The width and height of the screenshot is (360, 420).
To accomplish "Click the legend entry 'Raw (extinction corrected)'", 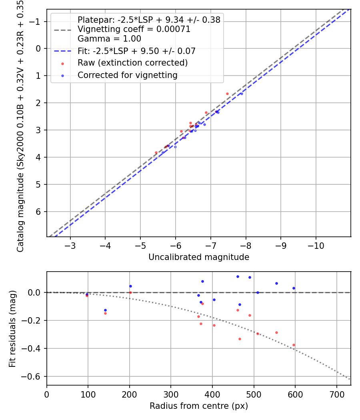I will [x=132, y=63].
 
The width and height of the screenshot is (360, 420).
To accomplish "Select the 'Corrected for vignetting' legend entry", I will [x=127, y=75].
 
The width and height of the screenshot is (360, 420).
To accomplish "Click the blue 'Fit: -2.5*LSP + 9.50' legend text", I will [x=136, y=51].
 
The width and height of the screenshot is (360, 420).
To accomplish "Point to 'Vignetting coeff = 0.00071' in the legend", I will [x=134, y=29].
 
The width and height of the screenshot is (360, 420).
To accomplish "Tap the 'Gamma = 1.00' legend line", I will [x=109, y=39].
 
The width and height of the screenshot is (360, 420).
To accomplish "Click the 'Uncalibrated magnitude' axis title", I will [x=199, y=257].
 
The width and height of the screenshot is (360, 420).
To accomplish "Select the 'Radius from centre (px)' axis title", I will [x=199, y=406].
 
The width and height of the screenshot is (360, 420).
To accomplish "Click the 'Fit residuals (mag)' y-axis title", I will [x=12, y=328].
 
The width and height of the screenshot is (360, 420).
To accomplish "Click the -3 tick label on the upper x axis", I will [x=70, y=245].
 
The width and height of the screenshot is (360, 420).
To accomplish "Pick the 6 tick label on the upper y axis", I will [x=39, y=212].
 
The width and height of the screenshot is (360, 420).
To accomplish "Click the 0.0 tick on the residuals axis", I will [x=36, y=293].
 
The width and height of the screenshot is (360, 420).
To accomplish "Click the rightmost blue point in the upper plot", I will [x=242, y=94].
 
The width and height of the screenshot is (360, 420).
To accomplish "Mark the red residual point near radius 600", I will [x=294, y=345].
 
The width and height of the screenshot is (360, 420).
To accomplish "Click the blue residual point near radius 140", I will [x=105, y=310].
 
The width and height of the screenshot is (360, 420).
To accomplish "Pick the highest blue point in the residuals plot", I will [x=238, y=276].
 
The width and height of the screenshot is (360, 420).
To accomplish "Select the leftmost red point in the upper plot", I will [x=156, y=152].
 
